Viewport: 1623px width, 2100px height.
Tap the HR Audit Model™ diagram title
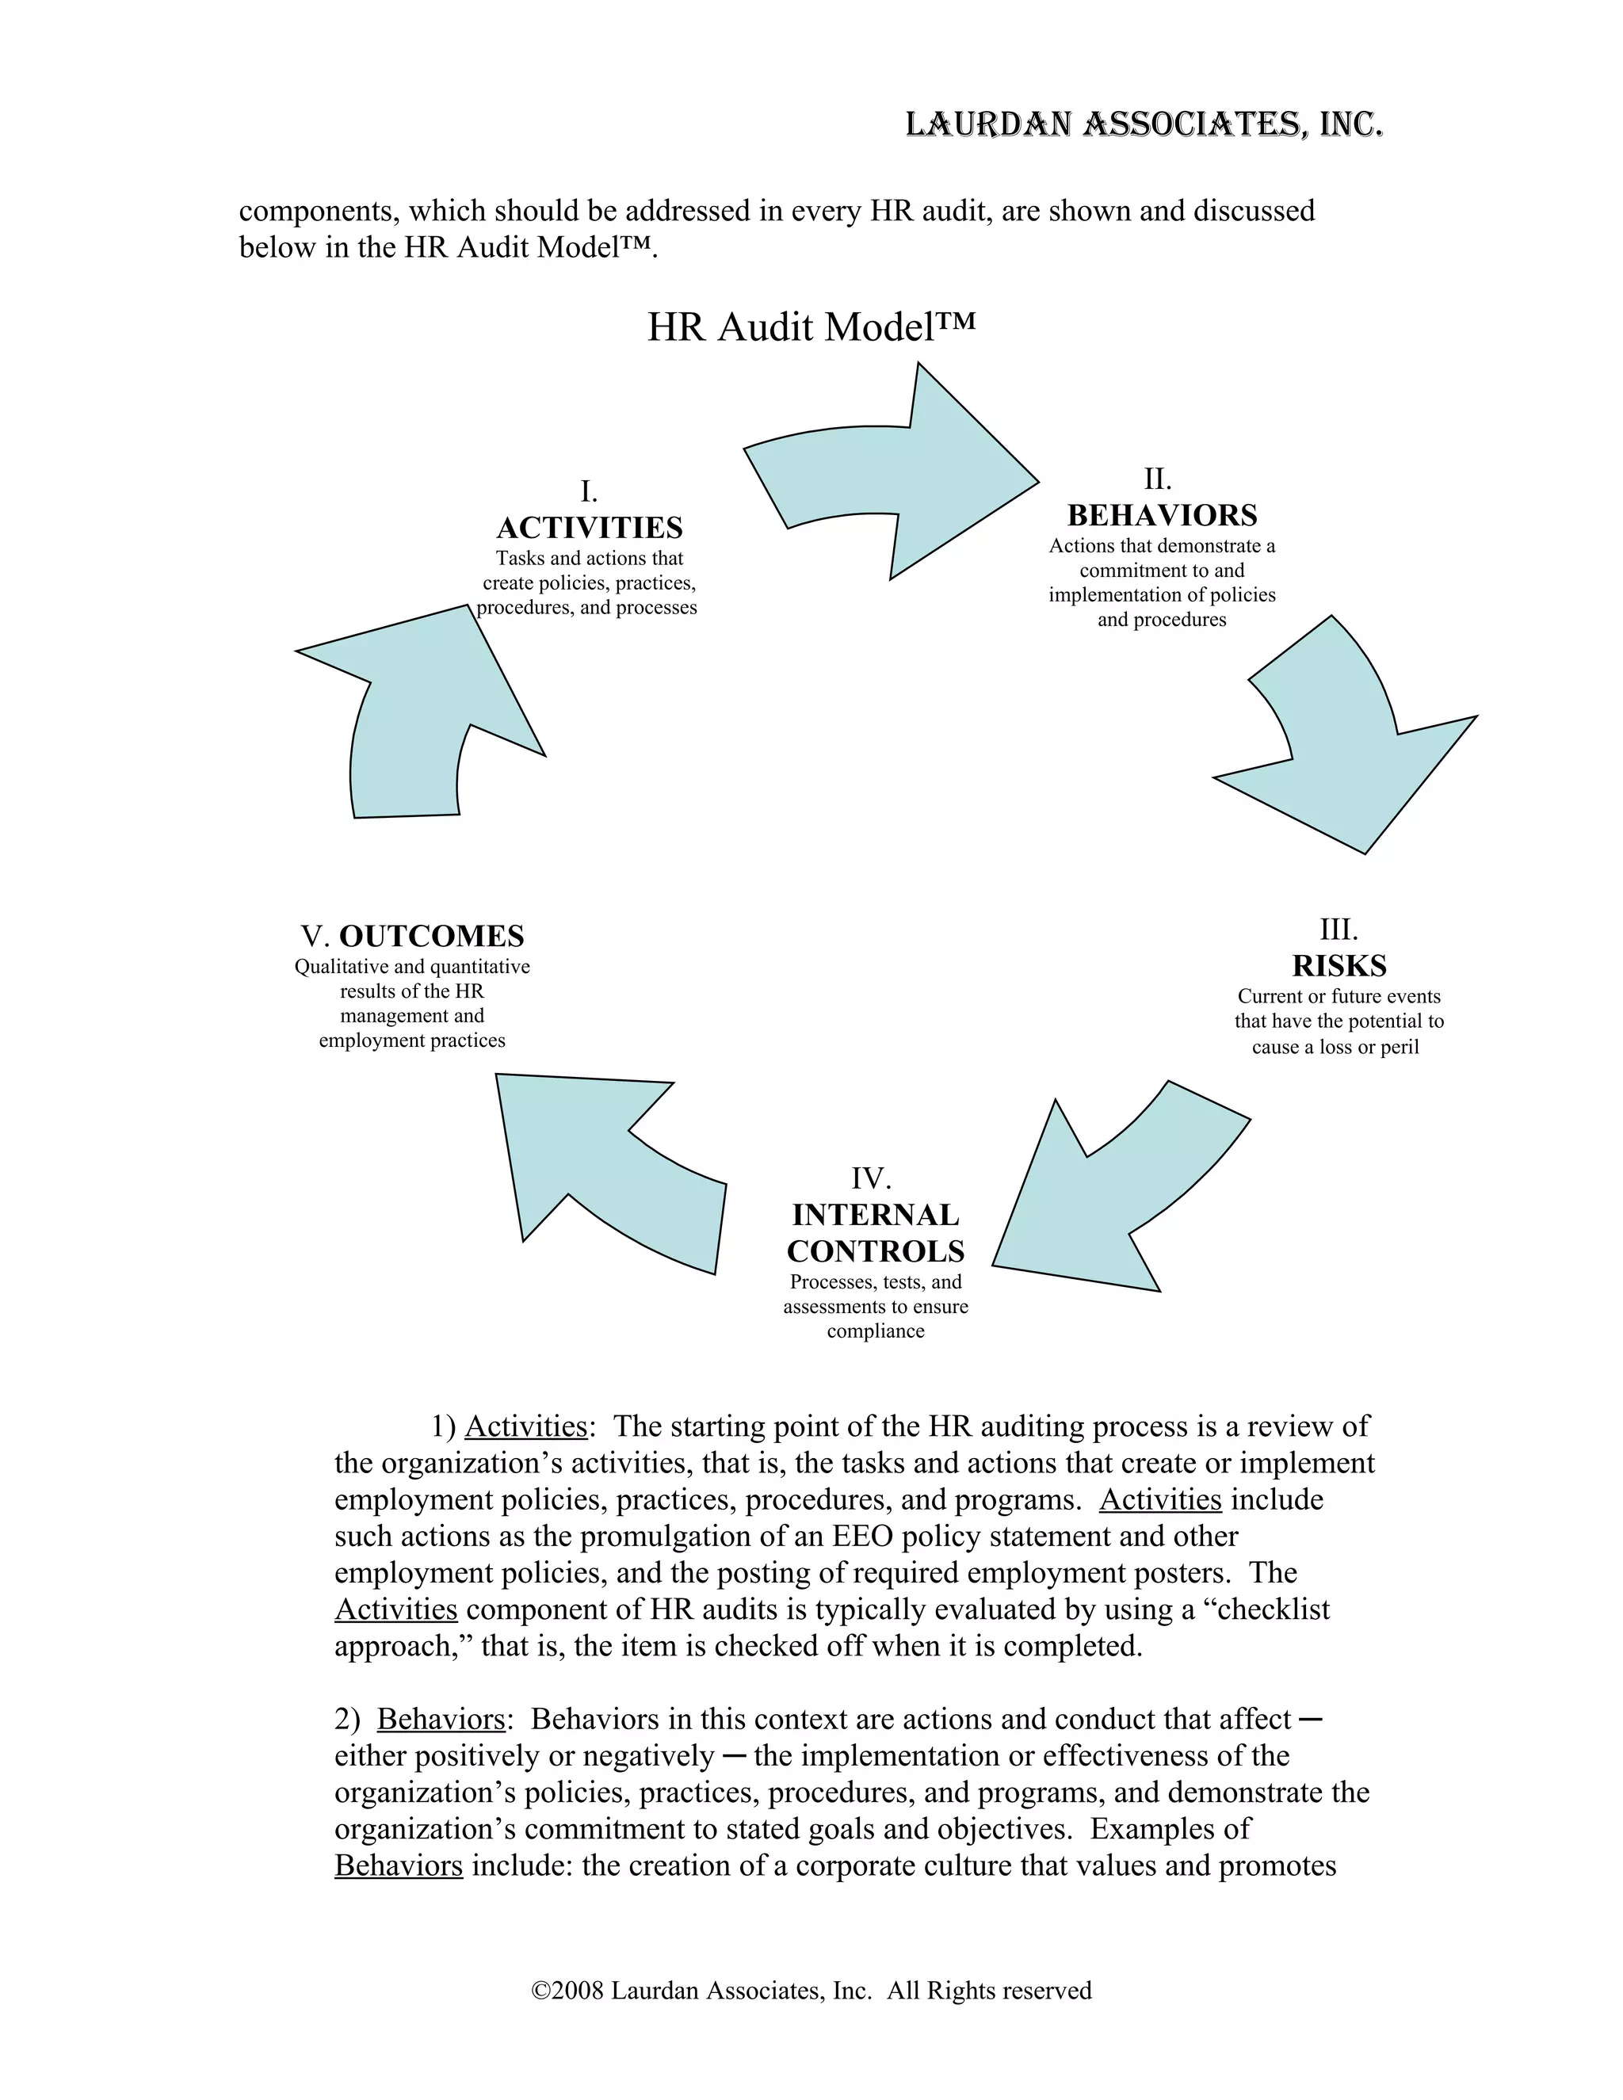[811, 327]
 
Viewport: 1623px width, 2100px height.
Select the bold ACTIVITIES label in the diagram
[590, 528]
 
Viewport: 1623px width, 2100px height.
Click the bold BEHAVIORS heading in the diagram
[1162, 515]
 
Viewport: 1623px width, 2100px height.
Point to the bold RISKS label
[1338, 965]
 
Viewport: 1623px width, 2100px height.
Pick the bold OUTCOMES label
[432, 936]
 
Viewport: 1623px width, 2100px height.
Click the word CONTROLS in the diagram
[875, 1251]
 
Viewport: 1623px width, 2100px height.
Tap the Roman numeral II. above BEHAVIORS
[1158, 479]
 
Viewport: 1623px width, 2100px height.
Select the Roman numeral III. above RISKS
[1338, 929]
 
